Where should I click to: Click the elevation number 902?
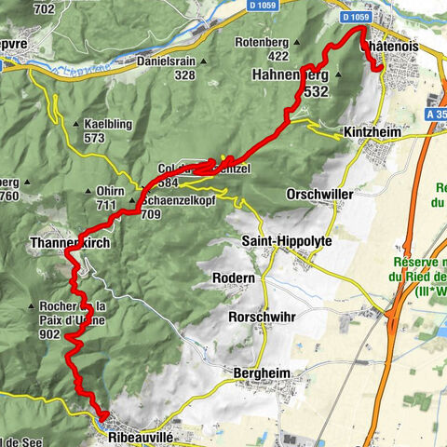tap(51, 333)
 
